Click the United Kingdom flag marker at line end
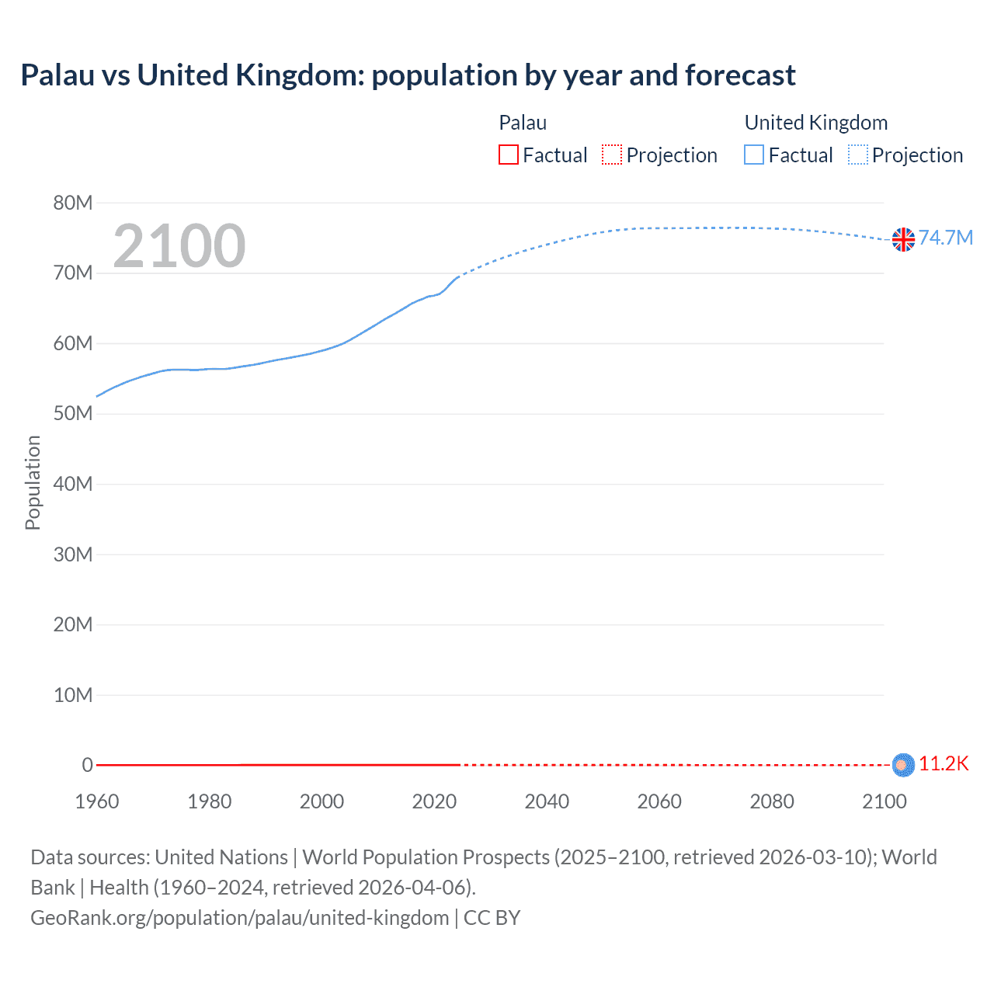(x=903, y=240)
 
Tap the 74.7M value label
(x=945, y=238)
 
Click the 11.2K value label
(x=944, y=764)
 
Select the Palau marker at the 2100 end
(x=902, y=765)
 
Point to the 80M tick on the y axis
(x=73, y=203)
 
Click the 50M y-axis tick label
(x=73, y=414)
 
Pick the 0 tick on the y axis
(x=87, y=765)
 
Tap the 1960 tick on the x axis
(x=97, y=801)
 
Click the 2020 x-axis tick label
(x=434, y=801)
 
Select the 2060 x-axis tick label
(x=659, y=801)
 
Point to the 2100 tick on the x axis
(x=884, y=801)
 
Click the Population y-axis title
(x=33, y=482)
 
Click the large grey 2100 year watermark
(x=179, y=246)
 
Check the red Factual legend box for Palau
(x=509, y=155)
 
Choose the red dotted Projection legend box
(x=612, y=155)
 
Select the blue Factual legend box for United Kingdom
(x=754, y=155)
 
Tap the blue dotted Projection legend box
(x=858, y=155)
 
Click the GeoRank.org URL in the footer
(x=239, y=918)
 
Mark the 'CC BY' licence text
(x=492, y=918)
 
